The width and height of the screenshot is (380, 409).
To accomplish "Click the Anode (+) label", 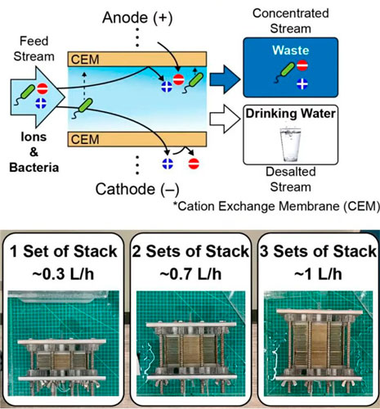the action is click(x=137, y=18).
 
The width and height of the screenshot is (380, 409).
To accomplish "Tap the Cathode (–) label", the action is click(x=137, y=189).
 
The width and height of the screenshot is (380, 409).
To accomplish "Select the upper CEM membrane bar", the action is click(x=137, y=59).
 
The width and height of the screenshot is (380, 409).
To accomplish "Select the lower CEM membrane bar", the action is click(x=137, y=139).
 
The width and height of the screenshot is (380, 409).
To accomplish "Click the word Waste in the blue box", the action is click(x=291, y=50).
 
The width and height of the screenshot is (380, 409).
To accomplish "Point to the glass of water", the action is click(x=291, y=144).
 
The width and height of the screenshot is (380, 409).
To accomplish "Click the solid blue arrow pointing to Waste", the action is click(x=225, y=79).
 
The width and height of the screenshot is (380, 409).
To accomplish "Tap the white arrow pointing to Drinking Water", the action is click(x=225, y=119).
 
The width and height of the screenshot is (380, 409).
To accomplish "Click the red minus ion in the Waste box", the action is click(x=302, y=65).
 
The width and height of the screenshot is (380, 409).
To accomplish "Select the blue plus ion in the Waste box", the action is click(x=302, y=84).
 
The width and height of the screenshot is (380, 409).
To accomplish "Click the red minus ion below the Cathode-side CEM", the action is click(x=194, y=164).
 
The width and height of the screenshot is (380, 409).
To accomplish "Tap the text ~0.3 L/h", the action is click(x=63, y=274).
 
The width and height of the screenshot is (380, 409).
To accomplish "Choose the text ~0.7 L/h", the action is click(x=190, y=274).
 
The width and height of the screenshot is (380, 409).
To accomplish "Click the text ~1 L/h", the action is click(x=318, y=274).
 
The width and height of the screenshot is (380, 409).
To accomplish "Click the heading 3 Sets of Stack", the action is click(x=318, y=251).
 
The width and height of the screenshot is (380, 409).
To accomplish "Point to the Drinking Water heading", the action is click(x=290, y=114).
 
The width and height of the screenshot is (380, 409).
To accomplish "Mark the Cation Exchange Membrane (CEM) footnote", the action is click(x=276, y=206).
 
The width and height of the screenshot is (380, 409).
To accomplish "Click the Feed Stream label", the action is click(x=34, y=49).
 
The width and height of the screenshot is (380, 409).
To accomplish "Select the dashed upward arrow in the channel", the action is click(x=84, y=85).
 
